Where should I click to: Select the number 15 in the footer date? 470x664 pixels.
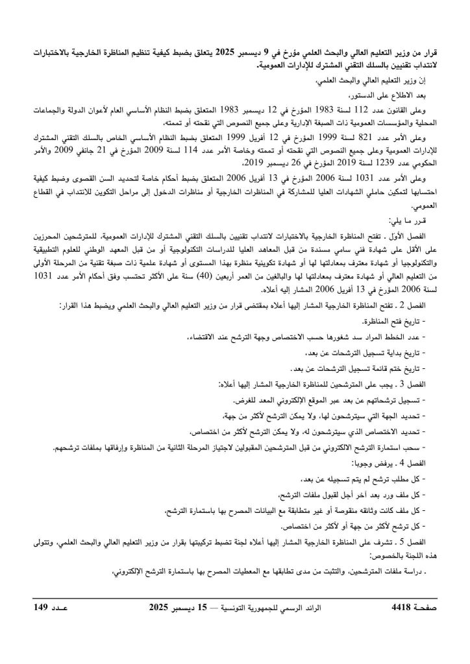coord(204,608)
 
